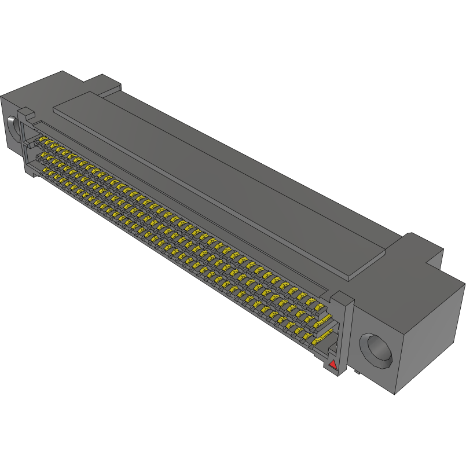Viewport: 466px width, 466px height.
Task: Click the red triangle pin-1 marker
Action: [332, 365]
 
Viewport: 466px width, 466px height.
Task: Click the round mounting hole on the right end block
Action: [376, 350]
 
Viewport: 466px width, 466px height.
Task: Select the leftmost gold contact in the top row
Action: [42, 141]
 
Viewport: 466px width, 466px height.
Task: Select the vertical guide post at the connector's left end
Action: [25, 142]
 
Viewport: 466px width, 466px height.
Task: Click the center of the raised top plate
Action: [220, 179]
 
